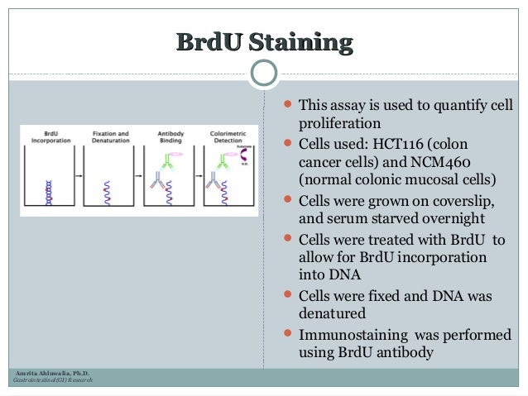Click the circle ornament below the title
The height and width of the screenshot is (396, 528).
[263, 74]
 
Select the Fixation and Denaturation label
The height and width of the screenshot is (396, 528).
[110, 136]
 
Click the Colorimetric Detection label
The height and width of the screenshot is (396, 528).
[227, 136]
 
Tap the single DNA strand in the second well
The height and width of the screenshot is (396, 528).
[107, 194]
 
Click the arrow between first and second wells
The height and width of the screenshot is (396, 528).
[79, 177]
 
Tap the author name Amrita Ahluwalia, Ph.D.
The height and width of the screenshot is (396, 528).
[47, 374]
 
